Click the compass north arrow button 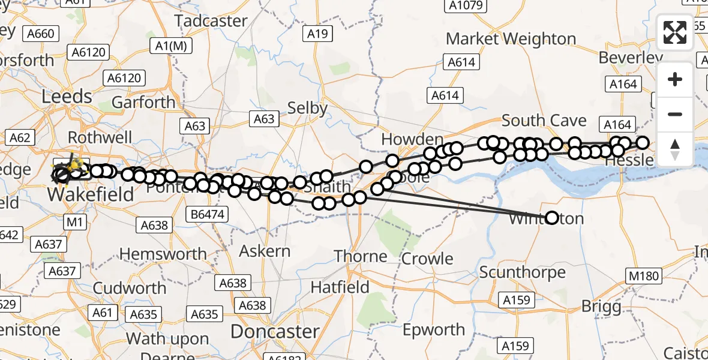coord(675,149)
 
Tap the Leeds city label coord(66,97)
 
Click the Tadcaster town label coord(211,21)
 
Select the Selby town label coord(307,108)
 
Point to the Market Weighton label coord(511,39)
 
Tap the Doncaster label coord(275,331)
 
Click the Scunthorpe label coord(522,272)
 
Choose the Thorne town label coord(361,257)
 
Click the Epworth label coord(434,330)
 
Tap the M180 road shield coord(645,277)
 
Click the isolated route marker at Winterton coord(551,218)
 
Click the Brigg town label coord(601,307)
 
